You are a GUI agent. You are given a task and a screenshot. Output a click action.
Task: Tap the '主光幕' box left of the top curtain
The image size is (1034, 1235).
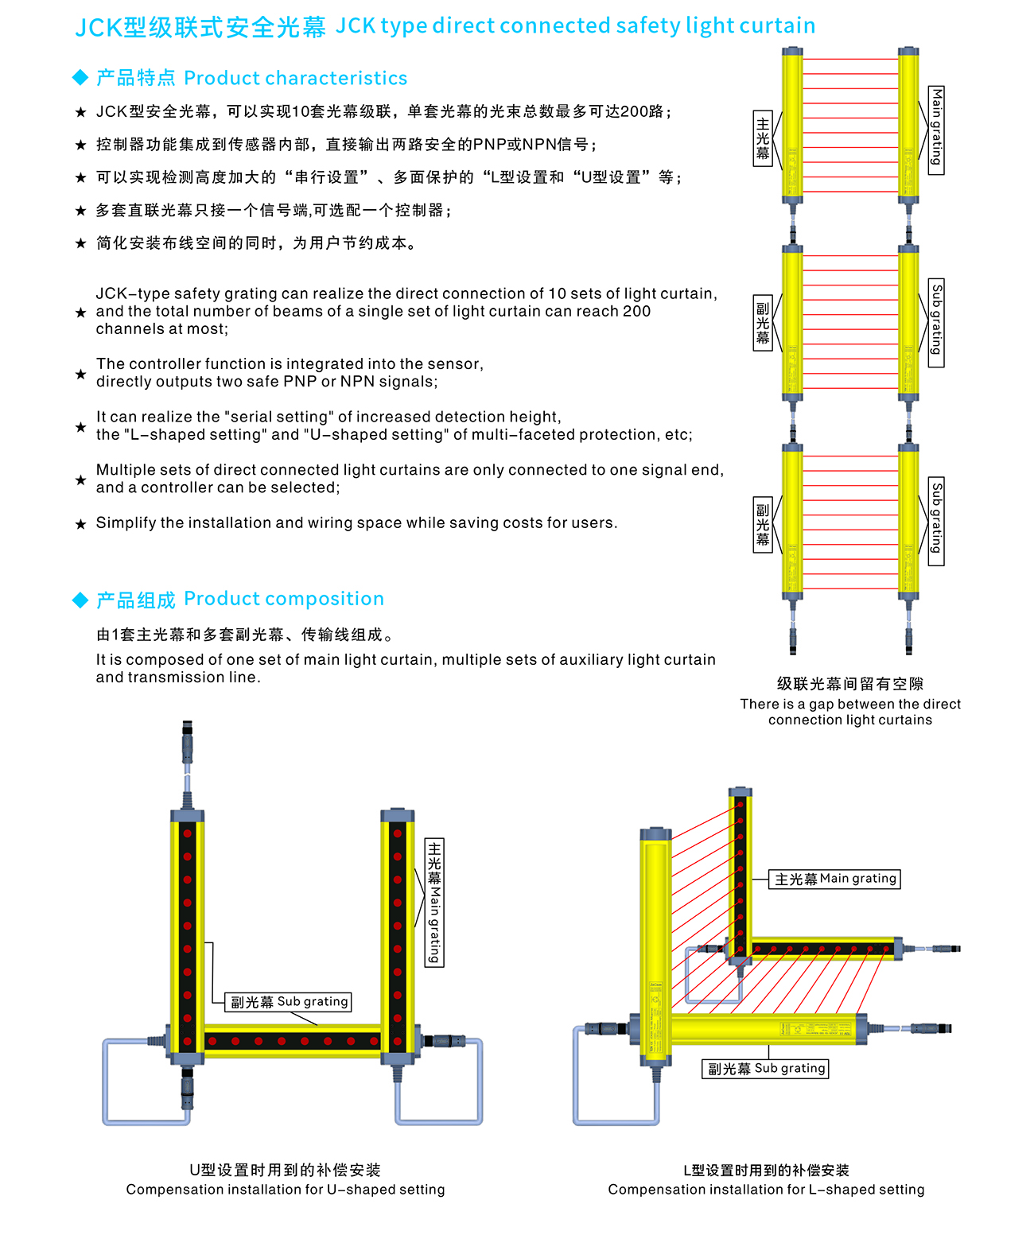(763, 138)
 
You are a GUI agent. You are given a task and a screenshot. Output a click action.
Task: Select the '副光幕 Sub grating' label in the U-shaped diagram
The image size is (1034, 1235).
(290, 1002)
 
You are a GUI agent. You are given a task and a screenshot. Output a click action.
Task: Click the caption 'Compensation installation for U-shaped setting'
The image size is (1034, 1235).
(285, 1190)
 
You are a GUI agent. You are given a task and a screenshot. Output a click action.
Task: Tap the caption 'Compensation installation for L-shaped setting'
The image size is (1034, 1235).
(766, 1190)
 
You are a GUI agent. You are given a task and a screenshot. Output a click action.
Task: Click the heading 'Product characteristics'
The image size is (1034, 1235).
(295, 78)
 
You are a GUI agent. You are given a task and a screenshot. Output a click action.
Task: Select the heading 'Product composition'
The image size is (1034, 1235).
(284, 599)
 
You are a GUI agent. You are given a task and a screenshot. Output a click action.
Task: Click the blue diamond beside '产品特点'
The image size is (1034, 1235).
(80, 78)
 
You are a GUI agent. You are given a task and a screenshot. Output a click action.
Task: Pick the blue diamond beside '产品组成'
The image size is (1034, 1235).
(80, 600)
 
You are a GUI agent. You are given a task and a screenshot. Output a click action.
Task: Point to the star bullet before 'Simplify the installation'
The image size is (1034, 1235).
(80, 524)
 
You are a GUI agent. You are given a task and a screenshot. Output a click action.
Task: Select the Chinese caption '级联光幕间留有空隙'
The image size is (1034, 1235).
(849, 684)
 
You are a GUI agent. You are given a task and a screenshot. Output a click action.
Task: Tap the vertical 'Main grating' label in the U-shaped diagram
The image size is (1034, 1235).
(434, 903)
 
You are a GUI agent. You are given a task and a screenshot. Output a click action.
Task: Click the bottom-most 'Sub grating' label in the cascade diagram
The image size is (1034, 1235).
(936, 521)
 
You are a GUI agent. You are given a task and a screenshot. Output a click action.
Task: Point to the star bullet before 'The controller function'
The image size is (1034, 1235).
(80, 374)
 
